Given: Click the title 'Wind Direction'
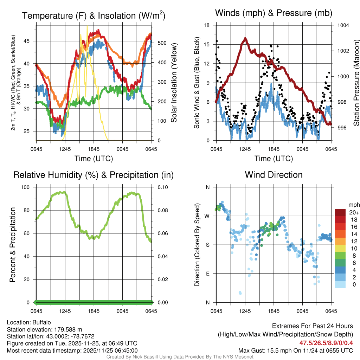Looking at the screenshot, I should pos(274,175).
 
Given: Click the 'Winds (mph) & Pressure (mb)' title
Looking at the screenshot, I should pos(274,13).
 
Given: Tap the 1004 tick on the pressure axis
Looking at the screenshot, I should pos(343,25).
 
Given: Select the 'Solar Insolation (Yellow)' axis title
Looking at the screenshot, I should pos(174,83).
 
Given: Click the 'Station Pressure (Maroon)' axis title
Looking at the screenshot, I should pos(356,83).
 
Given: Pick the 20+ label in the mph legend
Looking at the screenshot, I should pos(354,212).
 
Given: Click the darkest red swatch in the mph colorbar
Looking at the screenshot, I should pos(340,212).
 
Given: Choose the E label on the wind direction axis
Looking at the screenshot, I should pos(208,274).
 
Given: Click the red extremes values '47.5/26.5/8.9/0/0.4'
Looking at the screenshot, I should pos(326,343).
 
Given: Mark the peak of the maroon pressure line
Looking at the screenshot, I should pos(245,39).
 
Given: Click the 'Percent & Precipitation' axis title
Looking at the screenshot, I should pos(13,245).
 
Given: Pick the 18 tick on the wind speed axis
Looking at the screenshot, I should pos(207,25).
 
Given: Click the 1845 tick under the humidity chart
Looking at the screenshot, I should pos(94,311).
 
